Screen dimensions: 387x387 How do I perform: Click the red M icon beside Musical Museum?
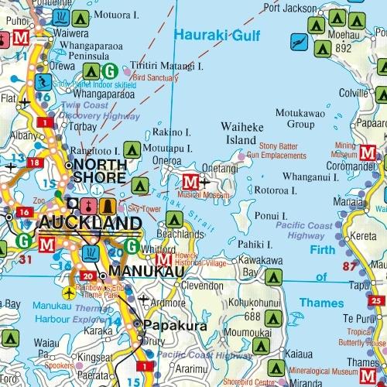coord(190,183)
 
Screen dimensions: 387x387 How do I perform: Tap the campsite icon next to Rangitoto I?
coord(133,149)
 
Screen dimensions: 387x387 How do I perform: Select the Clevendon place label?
coord(204,284)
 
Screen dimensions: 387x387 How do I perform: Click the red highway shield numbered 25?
coord(376,300)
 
